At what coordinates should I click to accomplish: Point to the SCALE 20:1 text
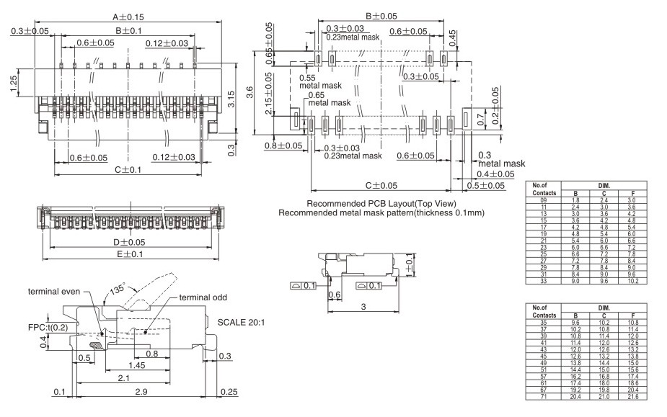[x=242, y=322]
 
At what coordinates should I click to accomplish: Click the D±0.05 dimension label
[x=129, y=242]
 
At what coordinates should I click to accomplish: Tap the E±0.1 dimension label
[x=129, y=254]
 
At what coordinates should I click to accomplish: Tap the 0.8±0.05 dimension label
[x=283, y=145]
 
